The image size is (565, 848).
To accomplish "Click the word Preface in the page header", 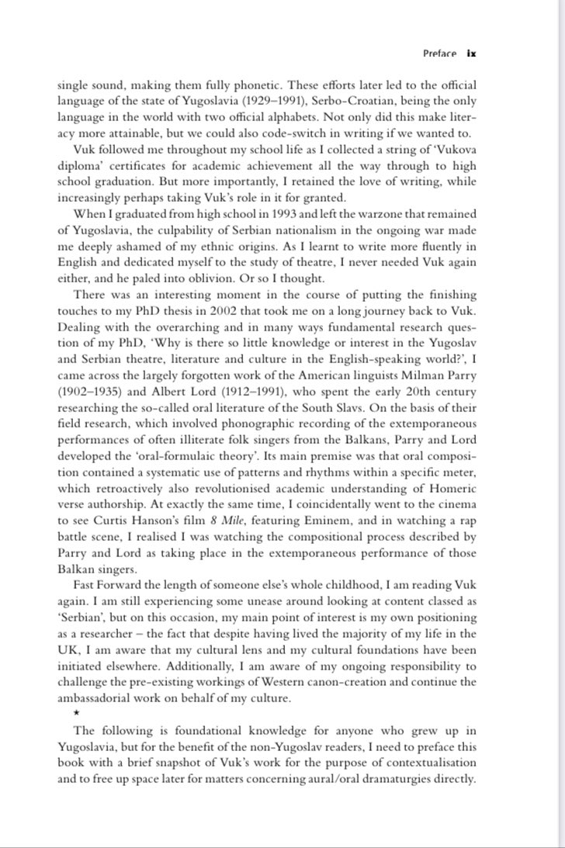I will pyautogui.click(x=439, y=54).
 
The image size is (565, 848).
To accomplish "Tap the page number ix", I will pyautogui.click(x=471, y=54).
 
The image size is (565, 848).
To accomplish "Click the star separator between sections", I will pyautogui.click(x=65, y=712).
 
